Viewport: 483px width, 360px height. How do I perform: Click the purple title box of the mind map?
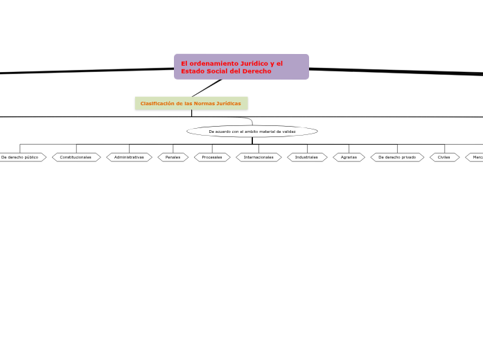[x=241, y=67]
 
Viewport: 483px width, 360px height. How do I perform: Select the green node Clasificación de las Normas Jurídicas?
[x=191, y=103]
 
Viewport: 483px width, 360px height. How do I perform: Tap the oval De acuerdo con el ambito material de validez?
[x=252, y=131]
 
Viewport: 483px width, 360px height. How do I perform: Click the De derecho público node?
[x=21, y=157]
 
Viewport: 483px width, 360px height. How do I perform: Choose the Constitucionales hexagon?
[x=76, y=157]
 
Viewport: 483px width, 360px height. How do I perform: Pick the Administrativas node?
[x=130, y=157]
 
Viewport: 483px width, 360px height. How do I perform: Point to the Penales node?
[x=173, y=157]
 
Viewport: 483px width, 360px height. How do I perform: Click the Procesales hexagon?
[x=212, y=157]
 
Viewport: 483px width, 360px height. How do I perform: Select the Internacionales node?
[x=258, y=157]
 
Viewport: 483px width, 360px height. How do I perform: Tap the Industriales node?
[x=307, y=157]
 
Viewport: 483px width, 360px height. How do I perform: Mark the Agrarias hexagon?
[x=349, y=157]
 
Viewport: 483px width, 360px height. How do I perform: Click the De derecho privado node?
[x=397, y=157]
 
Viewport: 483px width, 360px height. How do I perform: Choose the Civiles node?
[x=444, y=157]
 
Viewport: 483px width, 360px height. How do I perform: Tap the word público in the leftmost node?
[x=30, y=157]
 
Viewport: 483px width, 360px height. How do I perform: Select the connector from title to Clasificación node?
[x=206, y=88]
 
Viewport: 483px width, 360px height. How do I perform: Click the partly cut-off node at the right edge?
[x=476, y=157]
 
